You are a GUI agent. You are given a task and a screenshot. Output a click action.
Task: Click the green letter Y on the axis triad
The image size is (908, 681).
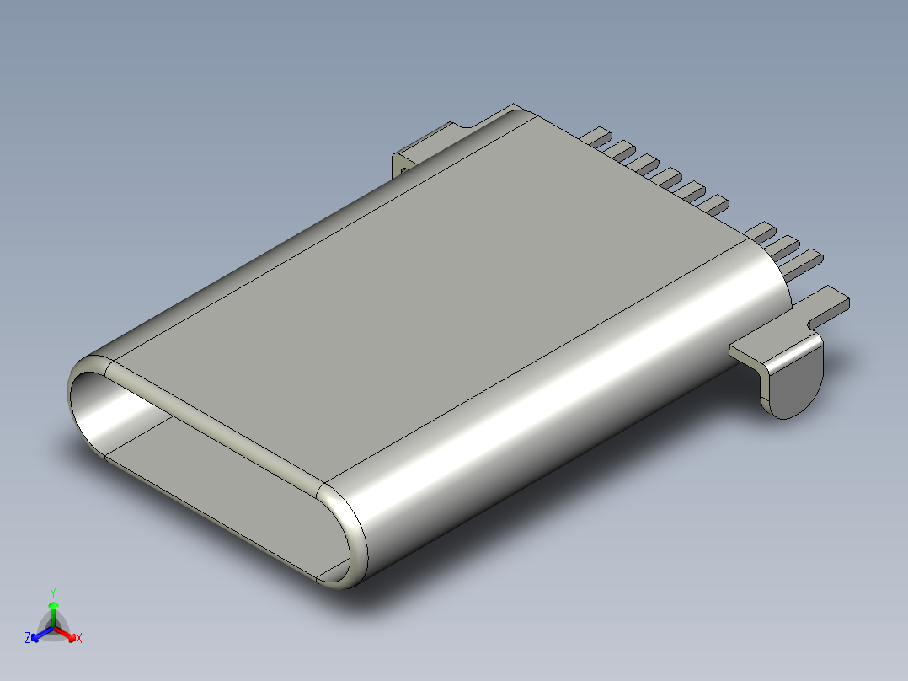pyautogui.click(x=53, y=592)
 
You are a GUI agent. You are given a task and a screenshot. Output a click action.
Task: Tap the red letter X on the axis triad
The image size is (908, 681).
pyautogui.click(x=78, y=639)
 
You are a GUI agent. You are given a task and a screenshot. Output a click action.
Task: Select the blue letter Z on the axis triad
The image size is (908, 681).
pyautogui.click(x=28, y=639)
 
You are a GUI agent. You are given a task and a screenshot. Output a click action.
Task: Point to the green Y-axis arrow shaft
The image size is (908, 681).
pyautogui.click(x=53, y=614)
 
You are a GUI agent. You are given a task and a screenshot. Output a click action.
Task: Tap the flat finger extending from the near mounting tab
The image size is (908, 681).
pyautogui.click(x=830, y=305)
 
